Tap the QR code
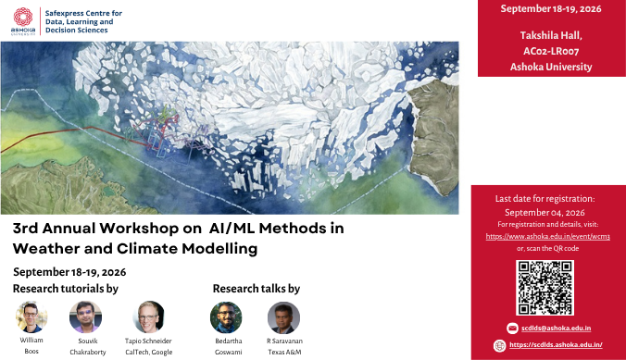click(545, 288)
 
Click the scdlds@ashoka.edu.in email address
click(557, 328)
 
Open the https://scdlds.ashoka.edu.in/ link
click(556, 345)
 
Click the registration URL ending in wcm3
click(548, 236)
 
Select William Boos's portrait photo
click(31, 317)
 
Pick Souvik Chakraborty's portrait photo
click(85, 317)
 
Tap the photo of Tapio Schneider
click(148, 317)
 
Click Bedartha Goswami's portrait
click(226, 317)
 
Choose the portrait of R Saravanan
click(283, 317)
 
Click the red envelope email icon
click(512, 328)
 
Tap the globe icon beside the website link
click(499, 345)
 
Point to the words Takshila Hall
click(551, 35)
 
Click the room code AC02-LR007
click(551, 51)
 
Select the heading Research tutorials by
click(66, 289)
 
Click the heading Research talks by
click(257, 289)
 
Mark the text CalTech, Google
click(149, 352)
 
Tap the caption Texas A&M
click(284, 352)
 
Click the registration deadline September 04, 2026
click(545, 212)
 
